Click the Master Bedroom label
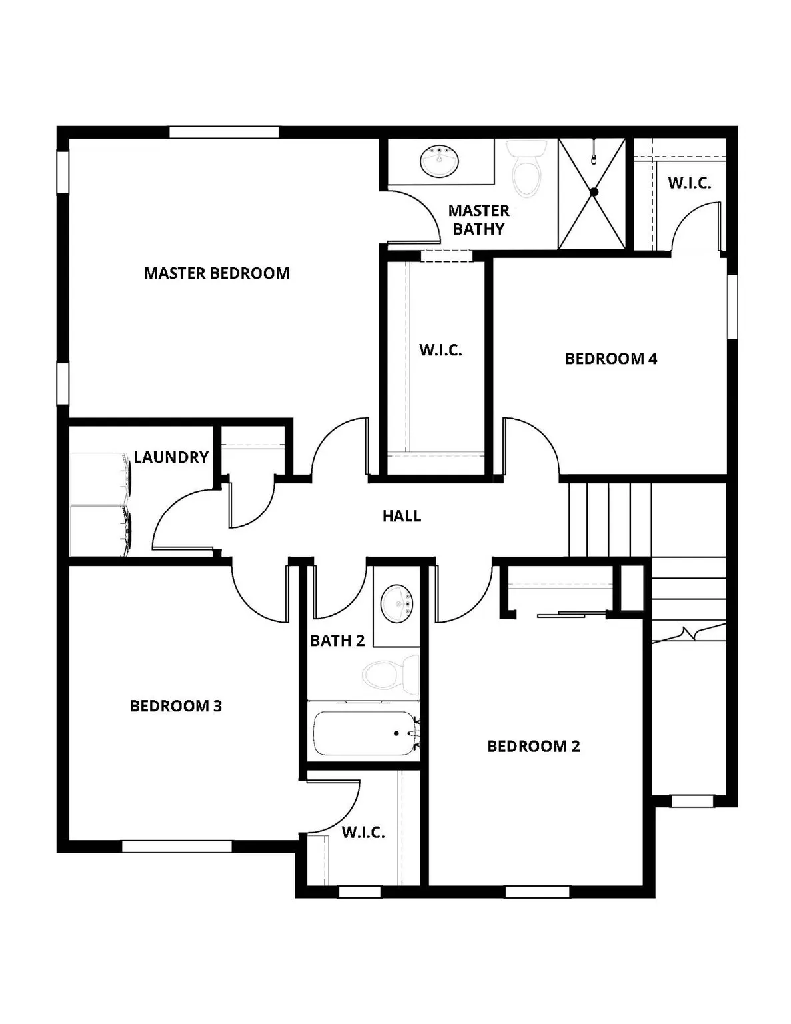[x=217, y=273]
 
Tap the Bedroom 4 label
[x=611, y=359]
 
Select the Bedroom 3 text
[x=176, y=705]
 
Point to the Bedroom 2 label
[x=534, y=746]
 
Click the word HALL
[x=402, y=515]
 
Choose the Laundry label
[x=171, y=457]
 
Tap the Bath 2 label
[x=337, y=641]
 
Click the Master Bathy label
[x=478, y=219]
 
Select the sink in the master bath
[x=440, y=161]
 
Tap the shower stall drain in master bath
[x=594, y=192]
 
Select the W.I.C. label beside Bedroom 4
[x=440, y=350]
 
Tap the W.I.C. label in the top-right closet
[x=689, y=183]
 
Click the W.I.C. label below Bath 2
[x=363, y=832]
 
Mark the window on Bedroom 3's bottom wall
[x=177, y=847]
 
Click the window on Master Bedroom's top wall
[x=223, y=132]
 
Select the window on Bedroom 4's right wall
[x=732, y=306]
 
